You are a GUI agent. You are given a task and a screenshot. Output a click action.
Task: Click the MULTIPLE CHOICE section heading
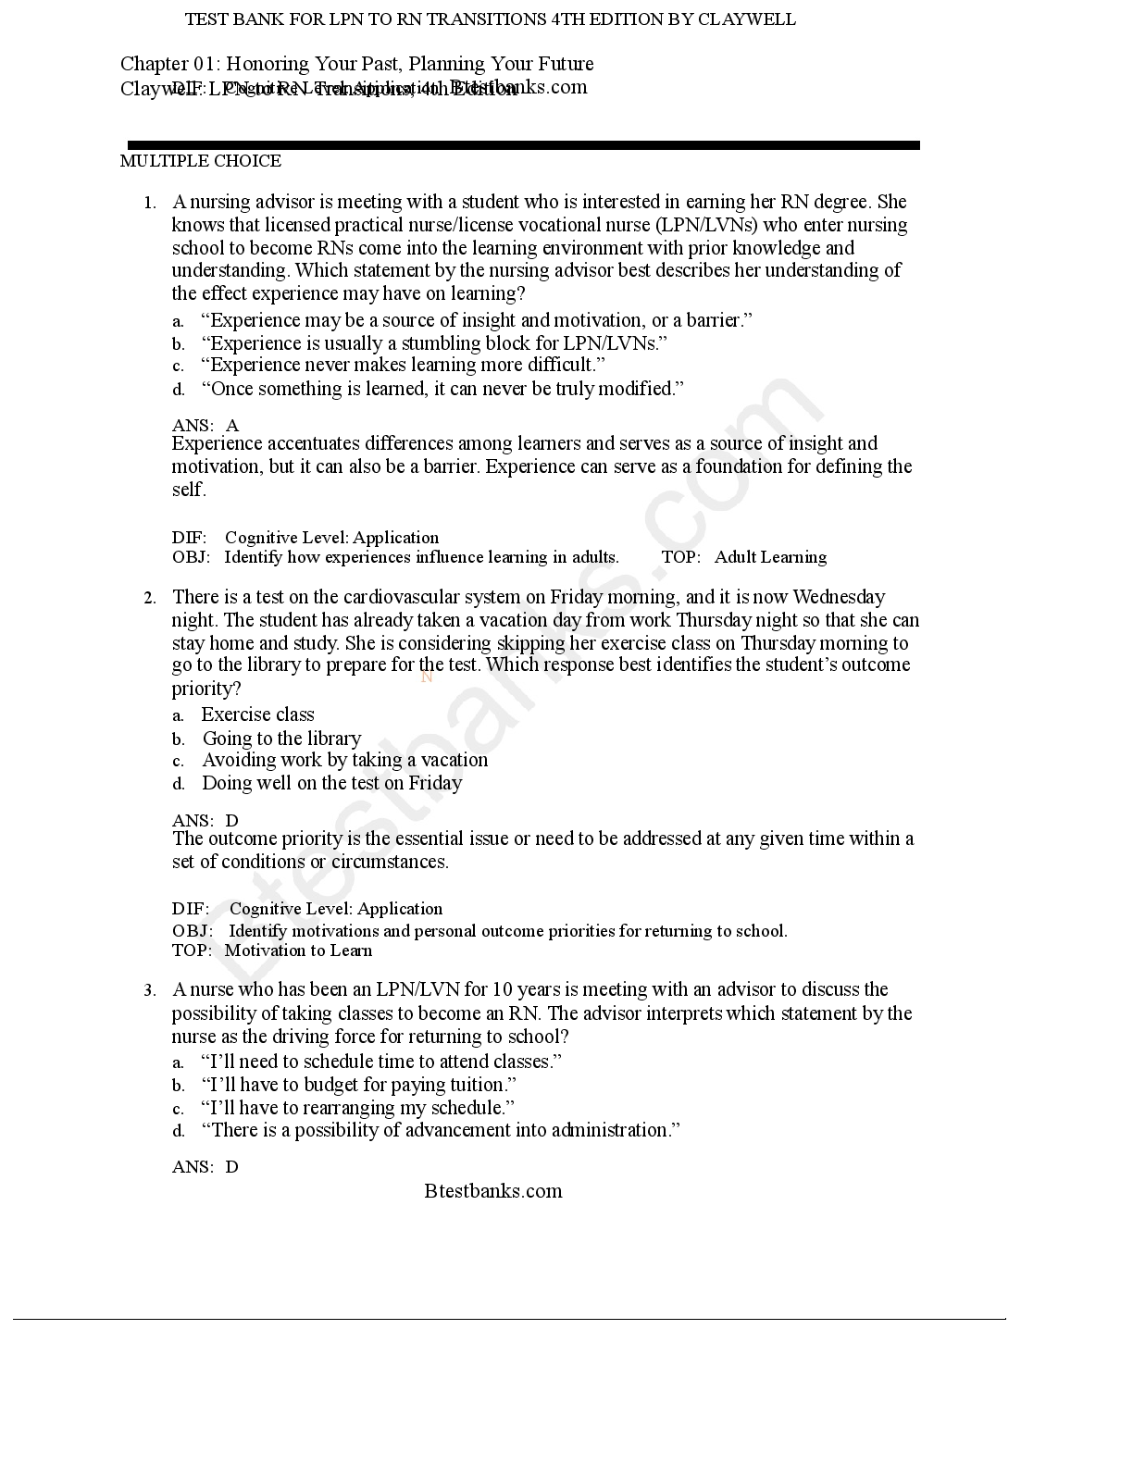201,161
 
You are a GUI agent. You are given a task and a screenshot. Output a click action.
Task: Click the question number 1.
150,203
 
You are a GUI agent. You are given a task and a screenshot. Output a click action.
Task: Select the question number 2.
150,598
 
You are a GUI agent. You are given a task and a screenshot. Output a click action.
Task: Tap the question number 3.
150,990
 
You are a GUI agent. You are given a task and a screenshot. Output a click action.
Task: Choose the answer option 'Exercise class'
257,714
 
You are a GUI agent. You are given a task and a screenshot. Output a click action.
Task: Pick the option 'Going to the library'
281,739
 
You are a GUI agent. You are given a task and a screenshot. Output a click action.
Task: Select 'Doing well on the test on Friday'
331,783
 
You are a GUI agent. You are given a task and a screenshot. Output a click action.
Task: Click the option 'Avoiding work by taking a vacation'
344,760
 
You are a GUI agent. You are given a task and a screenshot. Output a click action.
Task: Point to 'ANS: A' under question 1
205,426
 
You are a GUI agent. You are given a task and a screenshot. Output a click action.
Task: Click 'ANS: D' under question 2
205,821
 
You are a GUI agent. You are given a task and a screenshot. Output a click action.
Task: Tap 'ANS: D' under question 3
205,1167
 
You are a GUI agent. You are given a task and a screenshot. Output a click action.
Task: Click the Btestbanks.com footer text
493,1191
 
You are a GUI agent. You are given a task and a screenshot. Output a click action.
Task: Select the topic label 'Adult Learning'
770,557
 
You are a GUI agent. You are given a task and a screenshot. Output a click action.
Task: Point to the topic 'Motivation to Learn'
298,950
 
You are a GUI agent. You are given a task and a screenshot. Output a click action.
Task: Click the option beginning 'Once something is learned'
442,389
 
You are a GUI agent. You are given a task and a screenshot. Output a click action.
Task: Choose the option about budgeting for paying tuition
358,1085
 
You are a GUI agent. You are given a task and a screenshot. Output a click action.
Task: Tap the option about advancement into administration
441,1130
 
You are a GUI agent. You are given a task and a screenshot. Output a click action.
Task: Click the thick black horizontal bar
523,145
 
